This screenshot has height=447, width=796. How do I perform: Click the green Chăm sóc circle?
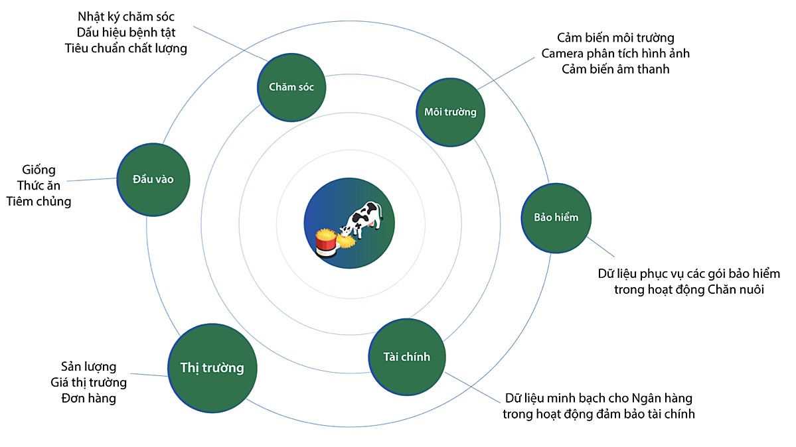291,87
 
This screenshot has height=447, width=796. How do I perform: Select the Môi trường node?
450,111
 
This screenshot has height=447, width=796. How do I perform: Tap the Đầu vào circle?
153,179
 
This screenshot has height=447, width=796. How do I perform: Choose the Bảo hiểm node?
556,218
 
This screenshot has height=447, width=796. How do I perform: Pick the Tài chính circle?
407,357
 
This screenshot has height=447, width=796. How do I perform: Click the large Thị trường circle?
212,368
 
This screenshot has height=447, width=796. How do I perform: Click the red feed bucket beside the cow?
325,245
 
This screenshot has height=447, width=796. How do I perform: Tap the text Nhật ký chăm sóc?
126,17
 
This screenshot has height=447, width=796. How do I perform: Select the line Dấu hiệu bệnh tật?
126,32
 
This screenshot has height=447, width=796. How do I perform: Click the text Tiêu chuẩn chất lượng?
126,48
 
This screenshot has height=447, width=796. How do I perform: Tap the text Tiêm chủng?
39,202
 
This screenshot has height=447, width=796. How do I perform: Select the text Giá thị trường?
88,383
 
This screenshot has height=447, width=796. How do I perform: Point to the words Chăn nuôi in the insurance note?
736,290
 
